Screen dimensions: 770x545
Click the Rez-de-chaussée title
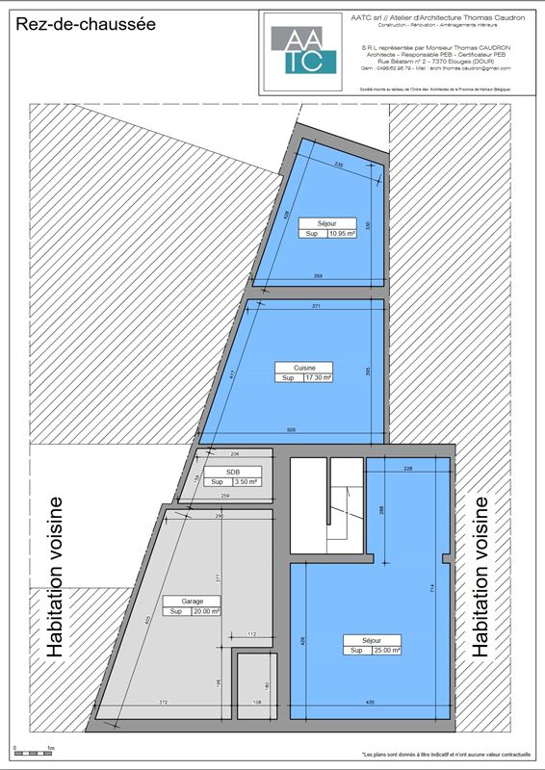click(85, 28)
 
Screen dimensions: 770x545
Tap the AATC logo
click(303, 50)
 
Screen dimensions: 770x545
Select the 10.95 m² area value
click(342, 233)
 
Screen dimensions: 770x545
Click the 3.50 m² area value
click(247, 481)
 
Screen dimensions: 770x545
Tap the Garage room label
click(178, 601)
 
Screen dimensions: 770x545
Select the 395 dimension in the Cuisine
click(368, 370)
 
